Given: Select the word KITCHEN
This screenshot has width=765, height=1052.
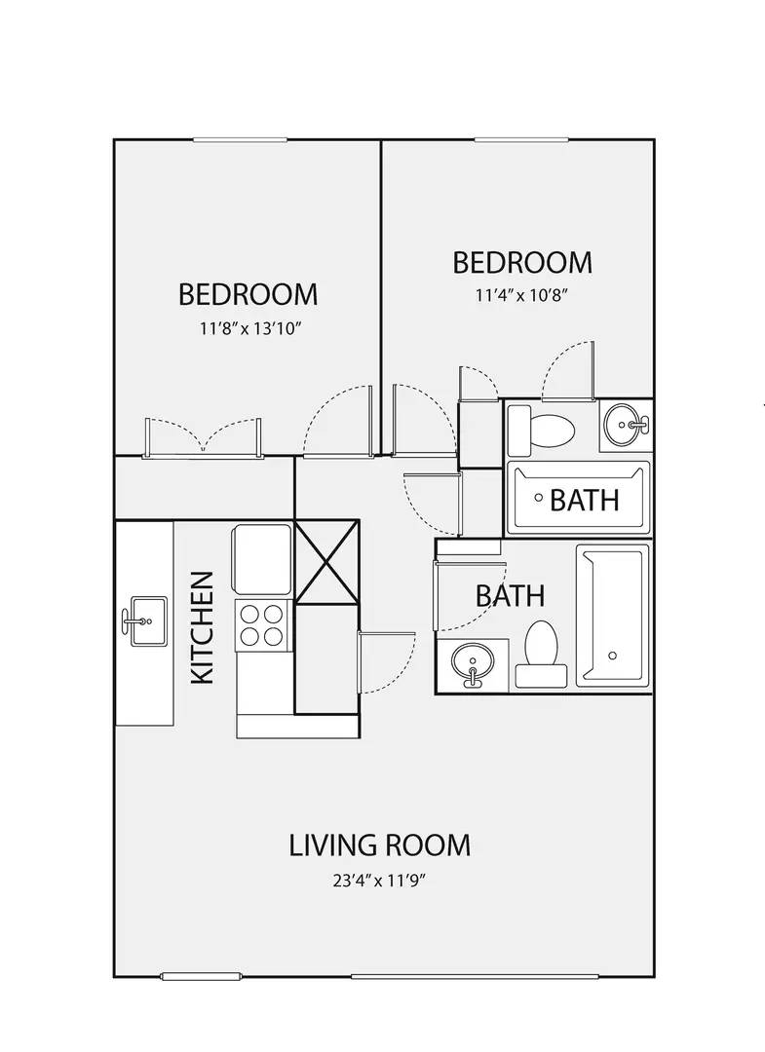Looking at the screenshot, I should (202, 627).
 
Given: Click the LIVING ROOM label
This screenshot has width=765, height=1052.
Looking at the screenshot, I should (380, 845).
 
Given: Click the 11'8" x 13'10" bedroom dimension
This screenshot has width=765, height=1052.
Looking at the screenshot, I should (248, 328).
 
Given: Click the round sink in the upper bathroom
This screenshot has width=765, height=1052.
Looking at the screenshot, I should (624, 425).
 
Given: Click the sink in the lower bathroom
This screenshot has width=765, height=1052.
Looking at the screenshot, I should (474, 664).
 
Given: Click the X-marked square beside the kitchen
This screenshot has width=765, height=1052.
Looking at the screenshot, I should (327, 562).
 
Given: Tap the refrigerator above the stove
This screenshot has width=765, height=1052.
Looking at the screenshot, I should (262, 559).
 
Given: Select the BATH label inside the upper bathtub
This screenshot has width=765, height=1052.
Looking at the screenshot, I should (585, 500).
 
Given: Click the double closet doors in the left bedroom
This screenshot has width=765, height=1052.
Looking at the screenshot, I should (203, 438).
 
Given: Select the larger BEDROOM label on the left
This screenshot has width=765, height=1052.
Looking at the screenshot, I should (248, 293).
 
